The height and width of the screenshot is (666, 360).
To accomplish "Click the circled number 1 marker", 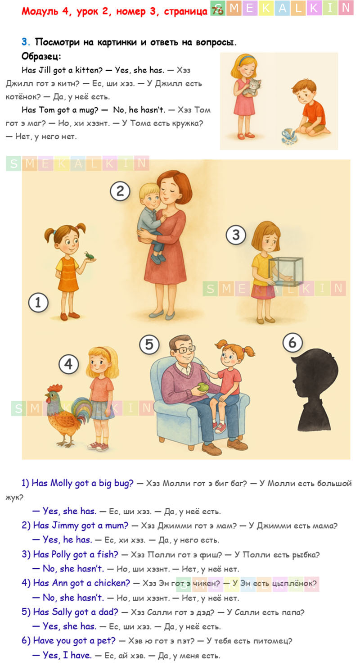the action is click(38, 302).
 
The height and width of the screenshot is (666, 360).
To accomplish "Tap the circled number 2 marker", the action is click(120, 191).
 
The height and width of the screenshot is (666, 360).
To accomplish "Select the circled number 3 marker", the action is click(236, 235).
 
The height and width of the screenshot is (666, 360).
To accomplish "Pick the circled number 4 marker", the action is click(68, 364).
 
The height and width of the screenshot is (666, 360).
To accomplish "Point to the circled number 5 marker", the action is click(149, 344).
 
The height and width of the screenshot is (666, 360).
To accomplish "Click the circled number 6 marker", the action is click(292, 343).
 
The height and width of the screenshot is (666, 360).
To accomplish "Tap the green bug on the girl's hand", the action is click(90, 255).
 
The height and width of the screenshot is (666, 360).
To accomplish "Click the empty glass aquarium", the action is click(286, 272).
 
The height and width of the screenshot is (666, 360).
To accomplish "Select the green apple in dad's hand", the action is click(203, 387).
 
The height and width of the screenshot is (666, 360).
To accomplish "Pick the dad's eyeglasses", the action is click(185, 349).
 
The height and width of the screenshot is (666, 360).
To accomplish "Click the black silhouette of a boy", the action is click(314, 390).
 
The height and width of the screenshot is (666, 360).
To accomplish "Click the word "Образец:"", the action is click(41, 56).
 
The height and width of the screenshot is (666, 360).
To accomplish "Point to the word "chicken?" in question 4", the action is click(112, 583).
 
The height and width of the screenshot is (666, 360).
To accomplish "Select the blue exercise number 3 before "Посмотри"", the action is click(26, 41).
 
